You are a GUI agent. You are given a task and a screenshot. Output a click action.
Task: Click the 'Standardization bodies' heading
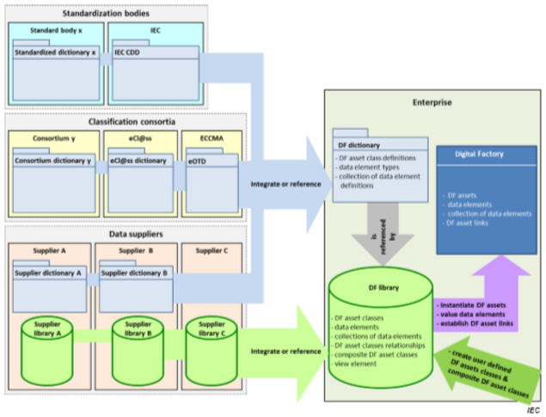[x=106, y=13]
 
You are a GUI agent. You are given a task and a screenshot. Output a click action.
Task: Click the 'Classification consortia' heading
[x=125, y=123]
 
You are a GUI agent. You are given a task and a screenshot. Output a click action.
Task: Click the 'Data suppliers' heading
[x=126, y=233]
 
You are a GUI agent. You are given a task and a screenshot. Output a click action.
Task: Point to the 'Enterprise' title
[x=432, y=102]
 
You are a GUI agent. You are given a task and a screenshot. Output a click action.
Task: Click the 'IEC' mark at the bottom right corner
[x=533, y=410]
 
